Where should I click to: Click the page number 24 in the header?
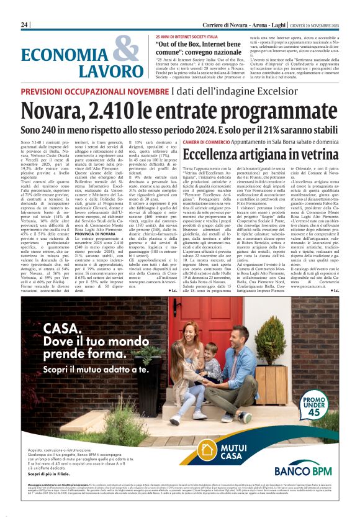pos(25,24)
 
